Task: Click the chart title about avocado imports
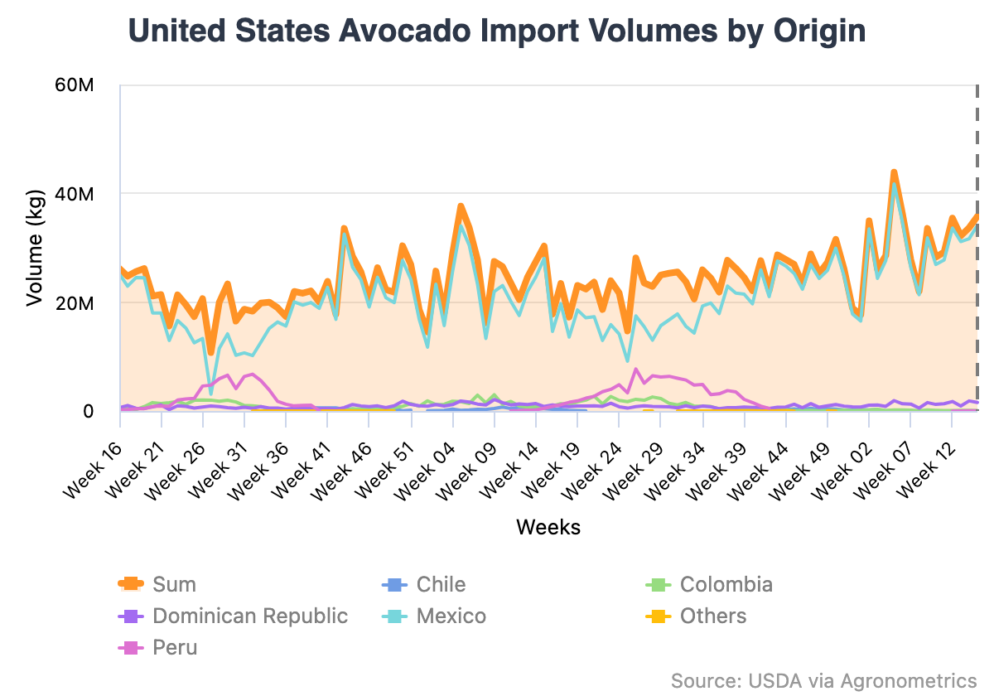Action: [497, 31]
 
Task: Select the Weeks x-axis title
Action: [548, 527]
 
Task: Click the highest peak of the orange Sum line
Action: [894, 172]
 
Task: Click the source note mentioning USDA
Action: [823, 680]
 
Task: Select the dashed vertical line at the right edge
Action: [977, 249]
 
